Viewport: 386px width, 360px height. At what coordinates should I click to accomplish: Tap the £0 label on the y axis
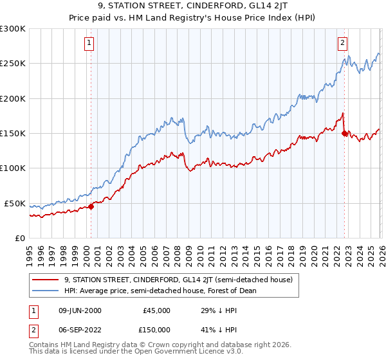pyautogui.click(x=19, y=239)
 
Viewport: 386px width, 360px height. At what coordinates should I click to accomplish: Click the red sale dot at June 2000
pyautogui.click(x=91, y=206)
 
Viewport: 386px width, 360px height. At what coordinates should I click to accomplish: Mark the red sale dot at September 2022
pyautogui.click(x=344, y=134)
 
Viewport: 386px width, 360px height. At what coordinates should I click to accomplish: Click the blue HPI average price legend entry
pyautogui.click(x=160, y=291)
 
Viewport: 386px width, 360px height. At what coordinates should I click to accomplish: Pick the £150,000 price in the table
pyautogui.click(x=156, y=328)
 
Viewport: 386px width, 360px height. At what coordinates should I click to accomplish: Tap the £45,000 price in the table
pyautogui.click(x=156, y=310)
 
